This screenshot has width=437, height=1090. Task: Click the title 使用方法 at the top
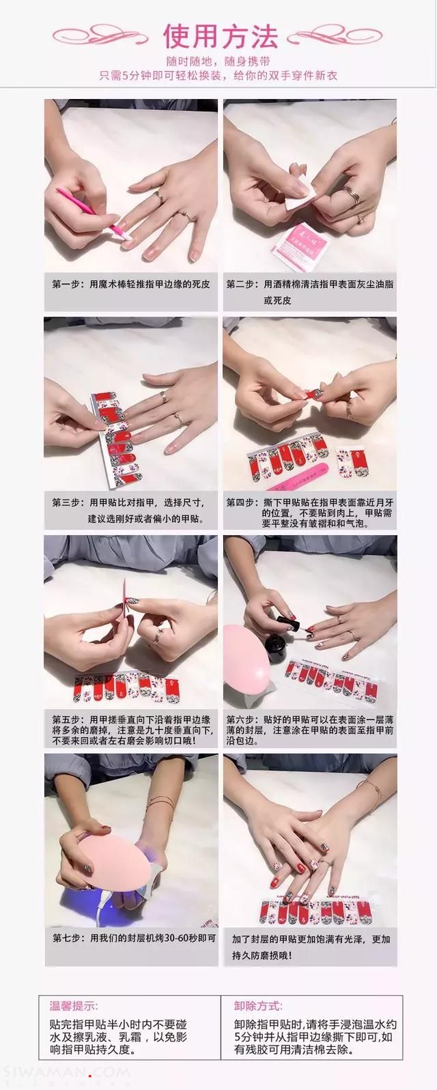point(220,36)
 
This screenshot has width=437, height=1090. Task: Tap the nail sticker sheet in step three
point(116,438)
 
